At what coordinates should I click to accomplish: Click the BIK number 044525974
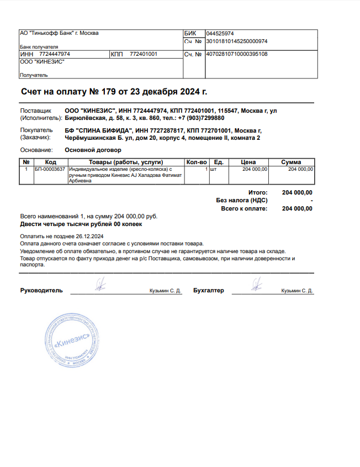219,34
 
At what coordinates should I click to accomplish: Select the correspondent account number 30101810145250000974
236,41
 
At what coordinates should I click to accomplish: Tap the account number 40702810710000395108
236,54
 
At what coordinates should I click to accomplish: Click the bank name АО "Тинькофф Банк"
59,33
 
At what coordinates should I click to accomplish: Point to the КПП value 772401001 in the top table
144,54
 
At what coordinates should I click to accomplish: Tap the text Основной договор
93,150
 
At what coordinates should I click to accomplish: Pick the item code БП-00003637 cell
50,169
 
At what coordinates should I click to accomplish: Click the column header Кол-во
196,162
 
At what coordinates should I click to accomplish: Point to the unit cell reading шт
213,169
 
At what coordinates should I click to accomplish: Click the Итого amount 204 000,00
297,192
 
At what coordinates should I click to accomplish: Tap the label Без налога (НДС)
241,201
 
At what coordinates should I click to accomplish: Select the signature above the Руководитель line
100,285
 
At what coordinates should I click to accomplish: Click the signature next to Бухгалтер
256,285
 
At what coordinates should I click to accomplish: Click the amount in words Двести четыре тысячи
81,225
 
